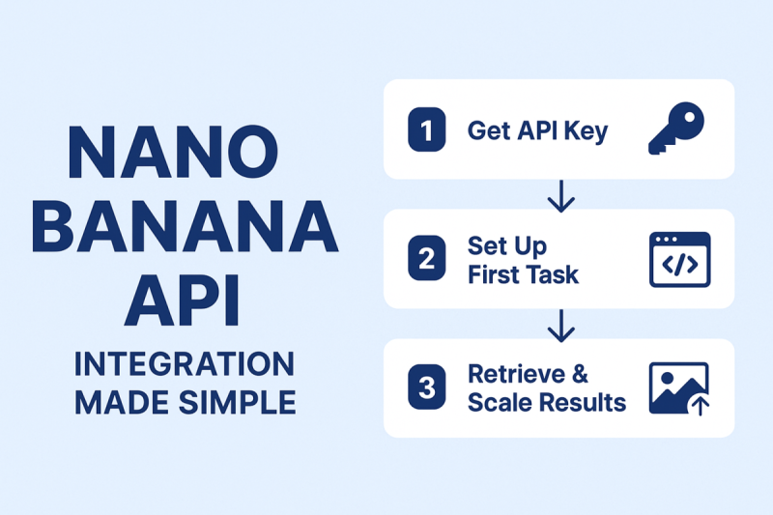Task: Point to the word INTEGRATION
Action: click(185, 364)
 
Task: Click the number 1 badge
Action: click(426, 130)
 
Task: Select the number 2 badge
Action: click(426, 259)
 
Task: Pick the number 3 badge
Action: click(426, 387)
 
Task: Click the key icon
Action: click(676, 129)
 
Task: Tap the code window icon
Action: click(679, 259)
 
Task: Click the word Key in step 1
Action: click(587, 131)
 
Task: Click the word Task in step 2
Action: click(553, 274)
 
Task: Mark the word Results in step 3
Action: click(584, 403)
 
